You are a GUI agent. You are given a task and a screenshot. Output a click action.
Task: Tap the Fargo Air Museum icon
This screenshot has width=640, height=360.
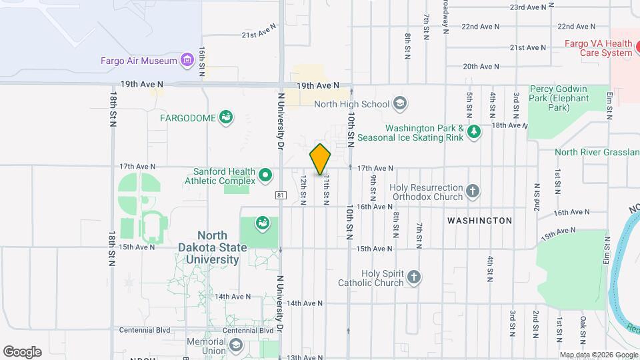[187, 61]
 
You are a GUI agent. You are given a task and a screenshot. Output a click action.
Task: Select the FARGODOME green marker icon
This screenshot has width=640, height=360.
[226, 118]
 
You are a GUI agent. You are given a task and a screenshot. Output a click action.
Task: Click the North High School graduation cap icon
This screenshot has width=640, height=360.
[399, 103]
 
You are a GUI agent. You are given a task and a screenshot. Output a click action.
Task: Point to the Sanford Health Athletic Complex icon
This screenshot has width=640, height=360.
[265, 176]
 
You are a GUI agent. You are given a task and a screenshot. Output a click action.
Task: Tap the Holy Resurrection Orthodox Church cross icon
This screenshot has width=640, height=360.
[473, 192]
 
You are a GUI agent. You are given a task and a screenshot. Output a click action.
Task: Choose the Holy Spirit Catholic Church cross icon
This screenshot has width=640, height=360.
[414, 277]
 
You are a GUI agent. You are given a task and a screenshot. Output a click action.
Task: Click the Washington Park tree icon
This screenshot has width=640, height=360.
[474, 132]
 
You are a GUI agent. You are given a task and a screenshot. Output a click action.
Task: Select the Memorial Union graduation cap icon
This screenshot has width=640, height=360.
[236, 345]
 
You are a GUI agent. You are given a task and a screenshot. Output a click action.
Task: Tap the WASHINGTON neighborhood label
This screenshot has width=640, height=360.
[479, 221]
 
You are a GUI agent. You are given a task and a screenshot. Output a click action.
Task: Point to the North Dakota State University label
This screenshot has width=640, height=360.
[212, 247]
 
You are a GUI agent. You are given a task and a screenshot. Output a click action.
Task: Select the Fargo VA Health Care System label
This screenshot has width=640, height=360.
[589, 48]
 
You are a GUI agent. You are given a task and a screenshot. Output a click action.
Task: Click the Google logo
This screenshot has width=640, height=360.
[22, 352]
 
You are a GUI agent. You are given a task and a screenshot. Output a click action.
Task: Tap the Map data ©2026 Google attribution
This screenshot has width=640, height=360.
[597, 355]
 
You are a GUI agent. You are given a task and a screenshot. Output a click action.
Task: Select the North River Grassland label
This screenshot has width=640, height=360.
[597, 152]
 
